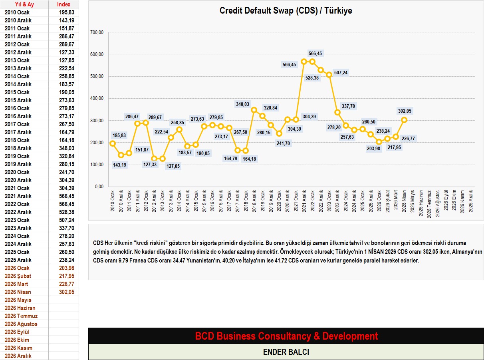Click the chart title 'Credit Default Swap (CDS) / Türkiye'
(286, 11)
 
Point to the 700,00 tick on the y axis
(97, 32)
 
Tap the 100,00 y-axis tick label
(97, 165)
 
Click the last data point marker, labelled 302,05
(404, 120)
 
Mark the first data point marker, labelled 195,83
(113, 143)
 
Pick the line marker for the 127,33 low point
(154, 158)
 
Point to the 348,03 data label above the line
(243, 104)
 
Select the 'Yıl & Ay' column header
(24, 4)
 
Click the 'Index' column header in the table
(63, 4)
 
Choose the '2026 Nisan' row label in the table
(18, 292)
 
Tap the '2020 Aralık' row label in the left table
(18, 180)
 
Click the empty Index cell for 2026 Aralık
(63, 356)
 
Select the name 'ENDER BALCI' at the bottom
(286, 352)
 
